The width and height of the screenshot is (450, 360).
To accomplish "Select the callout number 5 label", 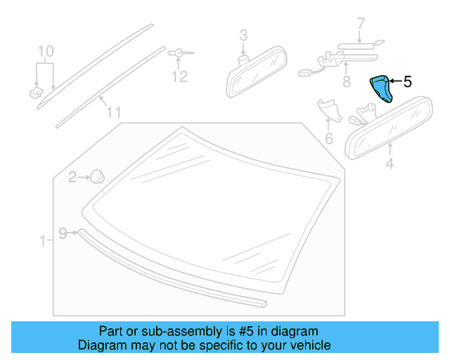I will point(407,82).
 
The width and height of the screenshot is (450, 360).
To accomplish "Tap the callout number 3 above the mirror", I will point(243,34).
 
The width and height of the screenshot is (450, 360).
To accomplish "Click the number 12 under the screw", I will point(180,76).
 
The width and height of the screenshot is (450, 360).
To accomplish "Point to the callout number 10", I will point(45,51).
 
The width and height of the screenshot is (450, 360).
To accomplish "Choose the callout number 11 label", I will point(114,112).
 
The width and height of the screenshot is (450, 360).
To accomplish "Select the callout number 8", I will point(346,82).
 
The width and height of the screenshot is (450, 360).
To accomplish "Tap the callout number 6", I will point(328,138).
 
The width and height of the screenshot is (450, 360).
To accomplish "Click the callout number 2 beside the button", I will point(72,178).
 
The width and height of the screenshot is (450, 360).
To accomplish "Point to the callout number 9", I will point(63,233).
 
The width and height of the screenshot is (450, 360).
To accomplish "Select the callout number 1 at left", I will point(43,241).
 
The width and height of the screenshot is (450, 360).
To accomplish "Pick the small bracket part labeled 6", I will point(328,109).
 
